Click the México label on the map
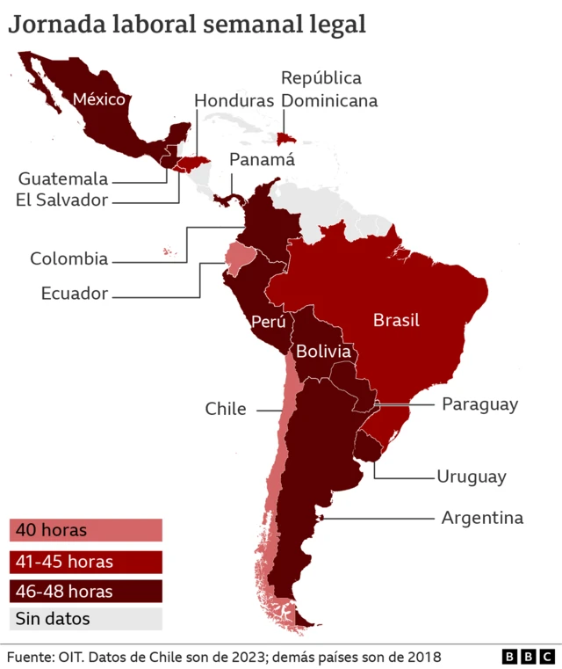tap(99, 99)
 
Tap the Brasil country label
tap(396, 320)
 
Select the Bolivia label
tap(323, 352)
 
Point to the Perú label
tap(268, 322)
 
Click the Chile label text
tap(226, 409)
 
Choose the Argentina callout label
tap(481, 518)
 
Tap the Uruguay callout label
tap(472, 476)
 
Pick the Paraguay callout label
tap(479, 404)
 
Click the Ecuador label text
tap(75, 294)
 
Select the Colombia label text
tap(69, 258)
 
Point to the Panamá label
tap(262, 160)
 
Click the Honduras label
tap(234, 100)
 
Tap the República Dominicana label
tap(329, 90)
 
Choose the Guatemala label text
tap(63, 178)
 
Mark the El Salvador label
tap(61, 200)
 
